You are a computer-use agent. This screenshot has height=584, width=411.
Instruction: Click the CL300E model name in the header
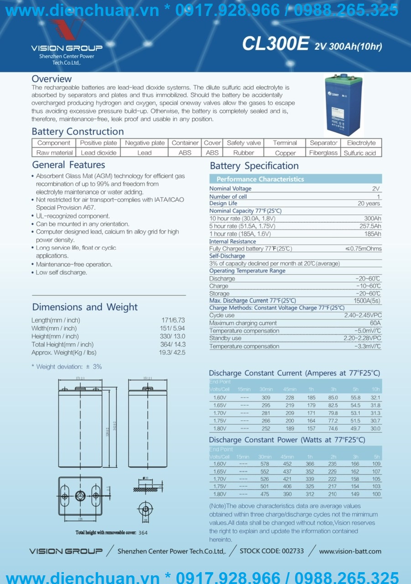pyautogui.click(x=276, y=44)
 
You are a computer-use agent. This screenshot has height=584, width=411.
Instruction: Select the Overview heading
pyautogui.click(x=52, y=79)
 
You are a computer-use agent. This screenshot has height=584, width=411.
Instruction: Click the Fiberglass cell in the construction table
pyautogui.click(x=323, y=153)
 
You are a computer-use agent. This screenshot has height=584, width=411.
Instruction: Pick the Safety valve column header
pyautogui.click(x=244, y=143)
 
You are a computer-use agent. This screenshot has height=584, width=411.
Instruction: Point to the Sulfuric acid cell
pyautogui.click(x=360, y=153)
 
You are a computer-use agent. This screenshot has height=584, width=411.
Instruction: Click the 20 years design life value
pyautogui.click(x=369, y=203)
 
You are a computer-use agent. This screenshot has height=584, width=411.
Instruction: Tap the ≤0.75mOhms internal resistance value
pyautogui.click(x=363, y=249)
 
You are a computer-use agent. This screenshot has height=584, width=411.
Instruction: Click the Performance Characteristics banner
pyautogui.click(x=260, y=179)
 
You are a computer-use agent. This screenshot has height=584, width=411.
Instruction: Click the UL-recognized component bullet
pyautogui.click(x=73, y=216)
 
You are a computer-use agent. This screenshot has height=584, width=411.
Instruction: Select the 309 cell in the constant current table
pyautogui.click(x=265, y=398)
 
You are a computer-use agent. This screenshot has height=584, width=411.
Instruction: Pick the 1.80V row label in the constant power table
pyautogui.click(x=219, y=494)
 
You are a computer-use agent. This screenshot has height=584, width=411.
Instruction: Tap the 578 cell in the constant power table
pyautogui.click(x=264, y=464)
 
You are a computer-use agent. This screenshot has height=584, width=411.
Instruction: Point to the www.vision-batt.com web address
pyautogui.click(x=350, y=551)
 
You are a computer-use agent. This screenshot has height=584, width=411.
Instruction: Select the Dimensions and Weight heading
pyautogui.click(x=84, y=307)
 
